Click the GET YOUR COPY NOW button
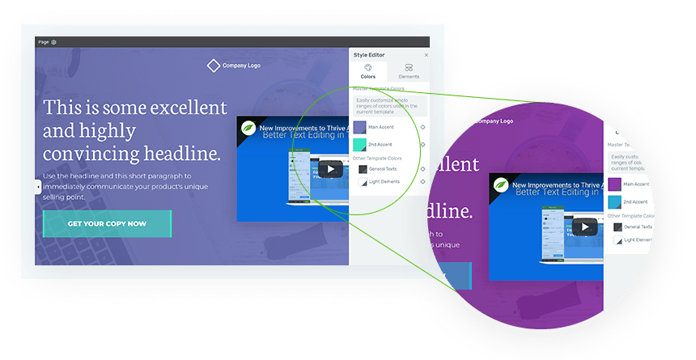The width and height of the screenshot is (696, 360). pyautogui.click(x=107, y=224)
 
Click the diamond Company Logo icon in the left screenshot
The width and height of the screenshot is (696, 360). pyautogui.click(x=213, y=66)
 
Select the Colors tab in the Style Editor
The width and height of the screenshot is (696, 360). pyautogui.click(x=368, y=70)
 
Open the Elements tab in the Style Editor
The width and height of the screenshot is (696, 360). pyautogui.click(x=409, y=70)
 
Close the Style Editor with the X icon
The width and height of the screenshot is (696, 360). pyautogui.click(x=427, y=55)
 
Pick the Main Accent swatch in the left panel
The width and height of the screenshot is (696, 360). pyautogui.click(x=359, y=127)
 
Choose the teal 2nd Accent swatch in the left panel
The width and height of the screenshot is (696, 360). pyautogui.click(x=359, y=145)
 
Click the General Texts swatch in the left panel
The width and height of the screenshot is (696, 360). pyautogui.click(x=363, y=169)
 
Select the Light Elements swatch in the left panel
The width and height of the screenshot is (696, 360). pyautogui.click(x=363, y=183)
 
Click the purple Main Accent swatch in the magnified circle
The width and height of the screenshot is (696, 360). pyautogui.click(x=614, y=184)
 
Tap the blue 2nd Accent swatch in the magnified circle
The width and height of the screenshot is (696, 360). pyautogui.click(x=614, y=202)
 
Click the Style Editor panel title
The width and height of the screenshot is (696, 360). pyautogui.click(x=369, y=55)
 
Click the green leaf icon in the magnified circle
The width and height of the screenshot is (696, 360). pyautogui.click(x=502, y=184)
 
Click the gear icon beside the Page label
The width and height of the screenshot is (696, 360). pyautogui.click(x=53, y=42)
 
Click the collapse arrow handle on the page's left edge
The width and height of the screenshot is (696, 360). pyautogui.click(x=38, y=187)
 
